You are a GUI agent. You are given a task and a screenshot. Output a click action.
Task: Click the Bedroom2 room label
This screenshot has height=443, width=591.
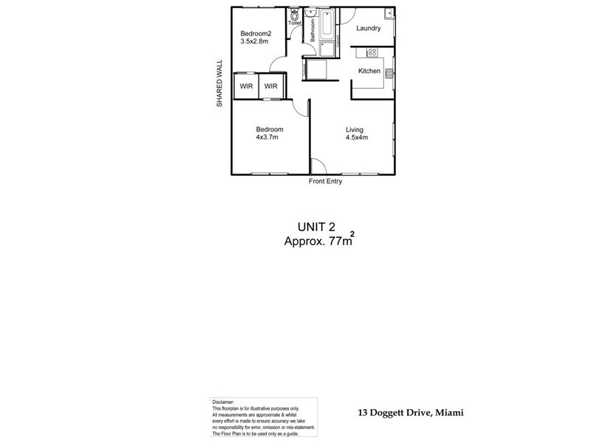(x=256, y=33)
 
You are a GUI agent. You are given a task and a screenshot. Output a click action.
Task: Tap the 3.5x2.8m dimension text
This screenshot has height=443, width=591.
(x=253, y=42)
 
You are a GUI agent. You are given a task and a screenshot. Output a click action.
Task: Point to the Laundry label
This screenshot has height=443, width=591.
(x=368, y=29)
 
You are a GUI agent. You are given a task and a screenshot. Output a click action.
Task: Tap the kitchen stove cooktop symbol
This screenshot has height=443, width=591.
(x=372, y=52)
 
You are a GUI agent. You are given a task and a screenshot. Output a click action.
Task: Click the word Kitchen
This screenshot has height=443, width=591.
(x=369, y=71)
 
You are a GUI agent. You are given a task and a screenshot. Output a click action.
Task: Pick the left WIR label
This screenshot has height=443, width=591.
(x=246, y=86)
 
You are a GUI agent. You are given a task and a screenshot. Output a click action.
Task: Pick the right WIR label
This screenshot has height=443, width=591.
(x=271, y=86)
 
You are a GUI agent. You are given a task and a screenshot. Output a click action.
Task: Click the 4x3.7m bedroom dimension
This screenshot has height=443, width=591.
(x=267, y=137)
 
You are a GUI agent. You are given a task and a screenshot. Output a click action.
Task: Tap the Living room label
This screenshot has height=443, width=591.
(x=355, y=130)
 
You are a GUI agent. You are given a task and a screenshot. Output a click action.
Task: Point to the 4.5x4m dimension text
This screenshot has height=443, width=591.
(x=357, y=137)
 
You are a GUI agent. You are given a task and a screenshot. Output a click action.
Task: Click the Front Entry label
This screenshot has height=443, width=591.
(x=325, y=182)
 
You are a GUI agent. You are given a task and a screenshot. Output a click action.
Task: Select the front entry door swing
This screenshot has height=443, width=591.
(x=317, y=167)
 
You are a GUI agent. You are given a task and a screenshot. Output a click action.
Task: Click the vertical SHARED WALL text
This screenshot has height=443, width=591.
(x=219, y=84)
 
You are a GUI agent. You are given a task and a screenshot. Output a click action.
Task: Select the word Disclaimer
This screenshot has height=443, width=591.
(x=225, y=402)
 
